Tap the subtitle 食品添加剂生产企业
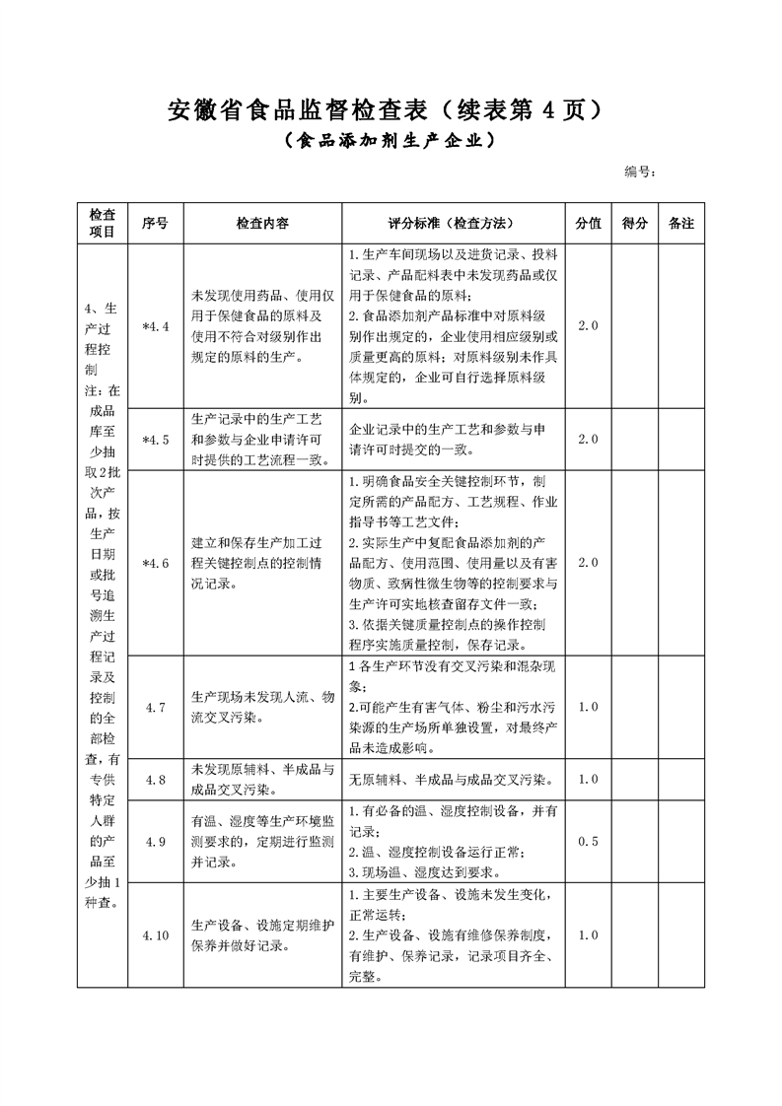[390, 140]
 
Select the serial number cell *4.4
[156, 325]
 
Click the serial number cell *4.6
[156, 563]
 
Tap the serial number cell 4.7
[156, 707]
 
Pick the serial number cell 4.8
[156, 780]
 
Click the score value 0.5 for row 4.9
[588, 841]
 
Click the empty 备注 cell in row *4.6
[681, 563]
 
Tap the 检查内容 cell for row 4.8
[262, 780]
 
